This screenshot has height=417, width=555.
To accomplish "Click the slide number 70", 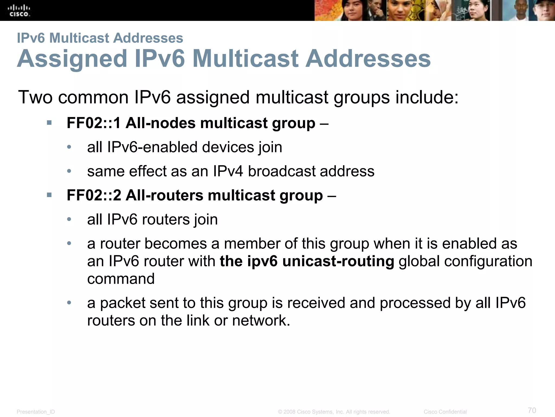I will [x=532, y=410].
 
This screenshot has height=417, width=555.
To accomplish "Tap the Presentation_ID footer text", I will [x=36, y=412].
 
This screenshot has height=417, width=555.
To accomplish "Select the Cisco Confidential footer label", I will [x=445, y=412].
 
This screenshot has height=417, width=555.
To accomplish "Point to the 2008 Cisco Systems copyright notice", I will [x=334, y=412].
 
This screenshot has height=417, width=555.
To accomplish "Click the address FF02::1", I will [x=93, y=123].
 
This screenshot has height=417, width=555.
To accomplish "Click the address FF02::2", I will [x=93, y=195].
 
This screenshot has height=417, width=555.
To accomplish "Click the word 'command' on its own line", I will [x=121, y=279].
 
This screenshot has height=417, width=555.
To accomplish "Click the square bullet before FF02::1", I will [x=49, y=123].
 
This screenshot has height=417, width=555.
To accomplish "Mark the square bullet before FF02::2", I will [x=49, y=195].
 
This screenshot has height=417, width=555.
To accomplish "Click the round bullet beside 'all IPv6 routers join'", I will [x=69, y=219].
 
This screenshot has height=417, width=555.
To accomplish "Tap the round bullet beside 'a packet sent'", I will [x=69, y=302].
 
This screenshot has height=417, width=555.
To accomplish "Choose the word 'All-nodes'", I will [x=160, y=123].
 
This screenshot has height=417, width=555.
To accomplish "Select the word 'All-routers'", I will [x=164, y=195].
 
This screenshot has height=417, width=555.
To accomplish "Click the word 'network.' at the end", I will [x=261, y=320].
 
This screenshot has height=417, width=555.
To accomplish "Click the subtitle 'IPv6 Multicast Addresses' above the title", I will [x=100, y=38].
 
